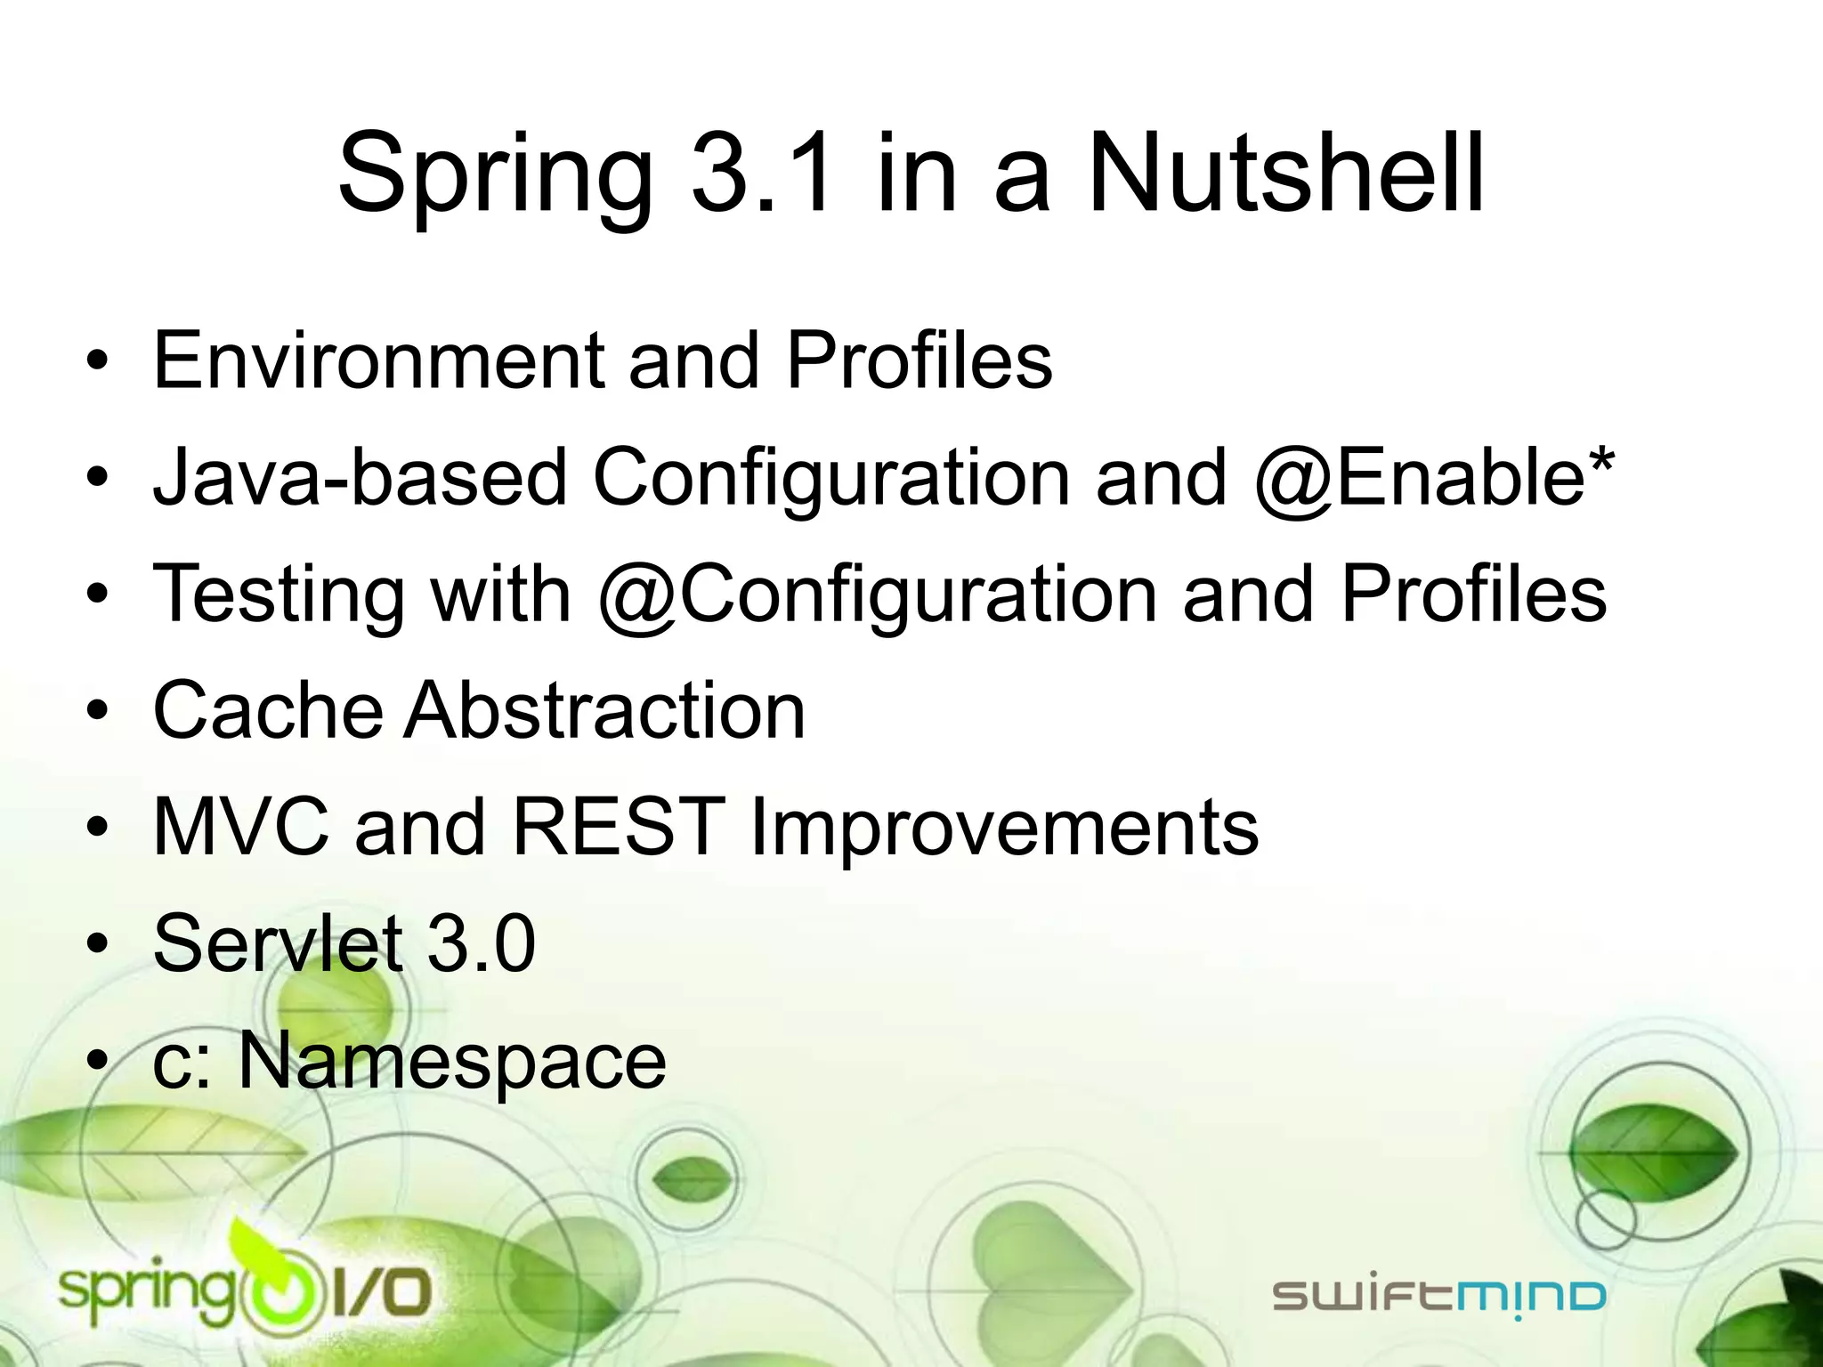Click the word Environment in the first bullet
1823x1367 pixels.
[377, 360]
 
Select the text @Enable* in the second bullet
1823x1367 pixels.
[1433, 477]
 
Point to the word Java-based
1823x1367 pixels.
[360, 477]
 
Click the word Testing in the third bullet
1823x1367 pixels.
[279, 595]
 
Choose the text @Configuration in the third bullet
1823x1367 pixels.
[877, 595]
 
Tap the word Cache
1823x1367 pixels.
[268, 710]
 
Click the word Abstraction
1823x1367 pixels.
[605, 710]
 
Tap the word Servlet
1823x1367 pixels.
[278, 943]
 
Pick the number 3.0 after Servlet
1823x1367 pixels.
[482, 943]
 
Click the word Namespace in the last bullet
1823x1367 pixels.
[452, 1061]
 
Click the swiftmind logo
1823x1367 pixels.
[1438, 1296]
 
